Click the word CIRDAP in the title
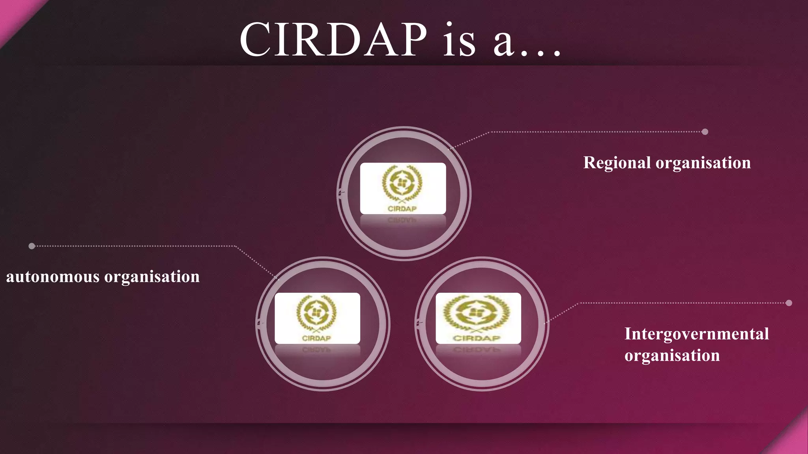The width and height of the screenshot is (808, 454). tap(333, 39)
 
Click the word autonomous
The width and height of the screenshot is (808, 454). tap(52, 277)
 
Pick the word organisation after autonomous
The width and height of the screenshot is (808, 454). tap(152, 277)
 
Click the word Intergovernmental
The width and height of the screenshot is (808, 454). tap(696, 334)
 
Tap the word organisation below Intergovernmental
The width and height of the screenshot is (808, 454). tap(672, 355)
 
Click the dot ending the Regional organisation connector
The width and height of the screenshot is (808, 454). tap(705, 132)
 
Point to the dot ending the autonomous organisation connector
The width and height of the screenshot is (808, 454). tap(32, 246)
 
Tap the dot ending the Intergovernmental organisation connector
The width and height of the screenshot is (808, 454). tap(789, 303)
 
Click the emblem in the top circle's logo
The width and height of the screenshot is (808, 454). tap(402, 184)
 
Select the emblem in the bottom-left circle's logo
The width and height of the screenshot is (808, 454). tap(316, 313)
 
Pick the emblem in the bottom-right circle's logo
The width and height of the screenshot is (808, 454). tap(477, 313)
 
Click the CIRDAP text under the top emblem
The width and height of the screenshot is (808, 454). tap(402, 209)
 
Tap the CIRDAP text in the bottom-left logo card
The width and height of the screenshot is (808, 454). tap(316, 338)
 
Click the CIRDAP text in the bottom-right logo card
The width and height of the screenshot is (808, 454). tap(477, 338)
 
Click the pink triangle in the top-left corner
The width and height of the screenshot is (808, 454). tap(14, 14)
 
